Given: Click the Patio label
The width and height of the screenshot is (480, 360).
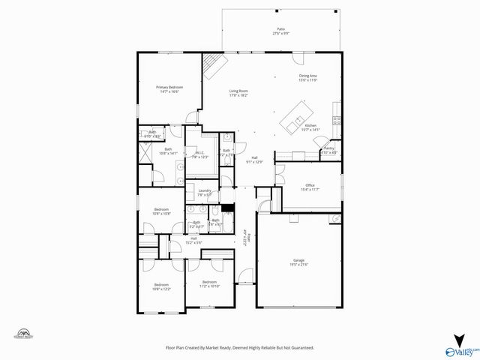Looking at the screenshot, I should point(281,31).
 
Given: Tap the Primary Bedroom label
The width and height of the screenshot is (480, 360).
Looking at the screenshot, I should point(169,89).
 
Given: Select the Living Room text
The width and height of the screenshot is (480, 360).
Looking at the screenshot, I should point(238,94).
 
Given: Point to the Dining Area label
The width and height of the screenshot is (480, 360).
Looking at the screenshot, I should point(309,78).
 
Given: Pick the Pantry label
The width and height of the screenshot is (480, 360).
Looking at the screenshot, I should point(328,150).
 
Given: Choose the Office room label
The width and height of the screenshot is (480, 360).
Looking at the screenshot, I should point(309,187).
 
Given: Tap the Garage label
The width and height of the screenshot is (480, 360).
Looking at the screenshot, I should point(300,262).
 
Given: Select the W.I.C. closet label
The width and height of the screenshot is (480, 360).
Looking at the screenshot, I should point(199,156).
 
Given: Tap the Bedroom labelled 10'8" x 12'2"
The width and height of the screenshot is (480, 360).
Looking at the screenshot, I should point(161,286).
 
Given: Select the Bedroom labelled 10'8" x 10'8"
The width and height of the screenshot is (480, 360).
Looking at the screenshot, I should point(161,211).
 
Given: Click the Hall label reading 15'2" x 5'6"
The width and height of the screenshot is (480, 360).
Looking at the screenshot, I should point(193,241).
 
